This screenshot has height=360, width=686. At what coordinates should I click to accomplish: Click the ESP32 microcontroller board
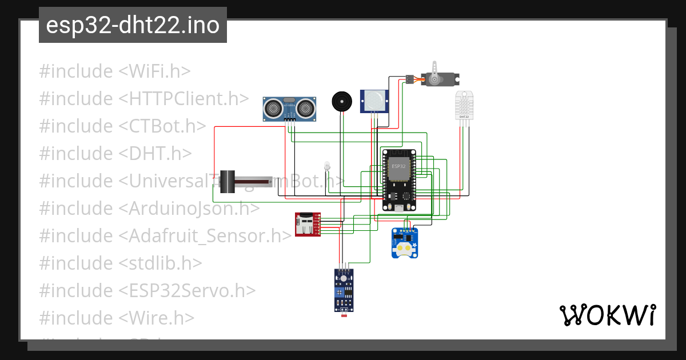click(399, 180)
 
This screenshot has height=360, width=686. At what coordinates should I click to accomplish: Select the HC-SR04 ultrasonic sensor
click(290, 108)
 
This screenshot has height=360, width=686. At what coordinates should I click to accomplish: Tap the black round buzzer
click(342, 102)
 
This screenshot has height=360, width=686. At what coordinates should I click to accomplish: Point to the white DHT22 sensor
click(464, 105)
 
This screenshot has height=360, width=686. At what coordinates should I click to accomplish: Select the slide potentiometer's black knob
click(229, 181)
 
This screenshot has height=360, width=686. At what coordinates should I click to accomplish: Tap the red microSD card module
click(307, 224)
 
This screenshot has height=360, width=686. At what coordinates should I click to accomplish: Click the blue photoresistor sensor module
click(344, 290)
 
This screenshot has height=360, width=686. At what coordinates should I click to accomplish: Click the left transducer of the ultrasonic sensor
click(273, 107)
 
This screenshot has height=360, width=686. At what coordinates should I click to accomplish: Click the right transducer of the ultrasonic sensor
click(307, 107)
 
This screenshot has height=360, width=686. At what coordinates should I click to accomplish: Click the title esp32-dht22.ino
click(133, 25)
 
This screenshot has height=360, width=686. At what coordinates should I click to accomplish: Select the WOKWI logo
click(607, 315)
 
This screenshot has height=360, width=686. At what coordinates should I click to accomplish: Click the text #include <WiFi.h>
click(115, 71)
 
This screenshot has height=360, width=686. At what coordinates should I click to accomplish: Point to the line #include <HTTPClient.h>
click(144, 99)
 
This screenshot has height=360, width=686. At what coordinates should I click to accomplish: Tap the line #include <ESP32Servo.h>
click(147, 290)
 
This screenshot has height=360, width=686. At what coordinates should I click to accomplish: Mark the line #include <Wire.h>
click(117, 318)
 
